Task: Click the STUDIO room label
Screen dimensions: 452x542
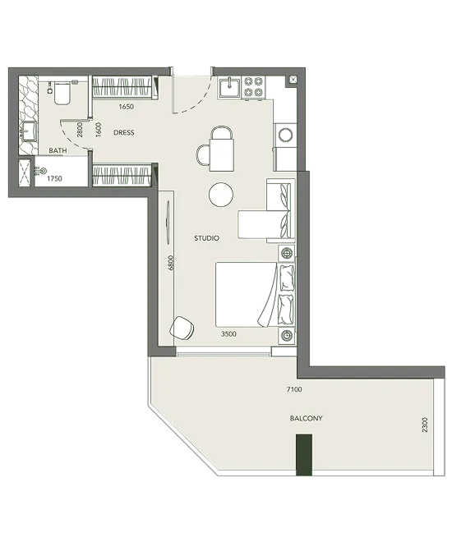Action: click(x=206, y=238)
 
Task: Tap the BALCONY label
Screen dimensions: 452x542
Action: click(x=306, y=418)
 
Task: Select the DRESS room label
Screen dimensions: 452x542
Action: click(x=124, y=132)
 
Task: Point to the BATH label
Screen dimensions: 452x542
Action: click(x=58, y=151)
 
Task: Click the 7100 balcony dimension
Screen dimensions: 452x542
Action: click(x=294, y=389)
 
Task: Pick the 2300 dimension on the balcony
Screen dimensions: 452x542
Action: click(x=425, y=425)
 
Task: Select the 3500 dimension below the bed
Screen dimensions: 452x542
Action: click(x=228, y=334)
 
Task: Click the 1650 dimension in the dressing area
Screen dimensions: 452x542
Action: click(x=127, y=107)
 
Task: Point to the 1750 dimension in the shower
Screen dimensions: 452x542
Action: click(x=54, y=179)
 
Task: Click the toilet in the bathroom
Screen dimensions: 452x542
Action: click(x=61, y=92)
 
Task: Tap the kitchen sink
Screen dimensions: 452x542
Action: click(x=229, y=87)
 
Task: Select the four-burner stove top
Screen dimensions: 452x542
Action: click(x=253, y=87)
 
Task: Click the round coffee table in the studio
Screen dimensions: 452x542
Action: click(x=221, y=195)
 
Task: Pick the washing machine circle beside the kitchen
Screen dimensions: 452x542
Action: click(x=286, y=135)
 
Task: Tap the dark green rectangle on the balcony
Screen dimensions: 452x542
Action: click(x=304, y=455)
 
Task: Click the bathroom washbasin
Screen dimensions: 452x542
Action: click(x=29, y=131)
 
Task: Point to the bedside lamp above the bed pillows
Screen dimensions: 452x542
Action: click(x=287, y=254)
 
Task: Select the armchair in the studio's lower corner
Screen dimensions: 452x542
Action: click(x=182, y=328)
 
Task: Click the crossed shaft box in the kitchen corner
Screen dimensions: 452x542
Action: click(x=293, y=80)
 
